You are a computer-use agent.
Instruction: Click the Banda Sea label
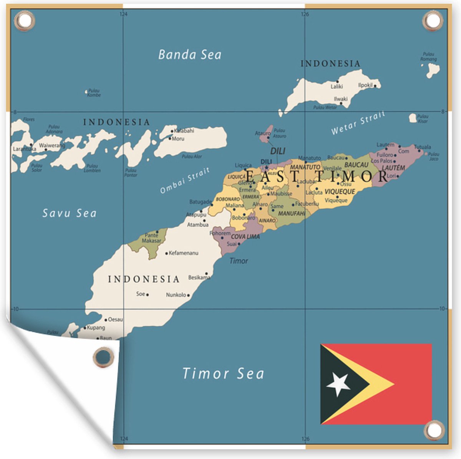point(190,54)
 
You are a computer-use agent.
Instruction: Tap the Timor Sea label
point(223,373)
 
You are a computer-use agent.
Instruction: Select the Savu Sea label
point(69,213)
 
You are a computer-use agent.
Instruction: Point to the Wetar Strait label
point(358,123)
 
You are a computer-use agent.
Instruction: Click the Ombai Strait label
point(185,180)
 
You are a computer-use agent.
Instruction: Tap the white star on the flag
point(338,384)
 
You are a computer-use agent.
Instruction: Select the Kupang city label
point(96,327)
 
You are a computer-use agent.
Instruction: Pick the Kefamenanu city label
point(184,253)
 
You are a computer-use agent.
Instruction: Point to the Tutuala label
point(422,147)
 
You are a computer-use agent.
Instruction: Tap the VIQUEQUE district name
point(340,192)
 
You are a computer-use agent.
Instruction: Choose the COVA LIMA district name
point(245,237)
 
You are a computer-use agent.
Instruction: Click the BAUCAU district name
point(356,165)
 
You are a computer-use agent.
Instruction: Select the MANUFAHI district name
point(291,213)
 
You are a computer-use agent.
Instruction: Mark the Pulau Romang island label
point(428,57)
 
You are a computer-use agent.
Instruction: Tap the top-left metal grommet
point(24,20)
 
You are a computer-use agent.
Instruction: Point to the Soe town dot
point(148,295)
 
